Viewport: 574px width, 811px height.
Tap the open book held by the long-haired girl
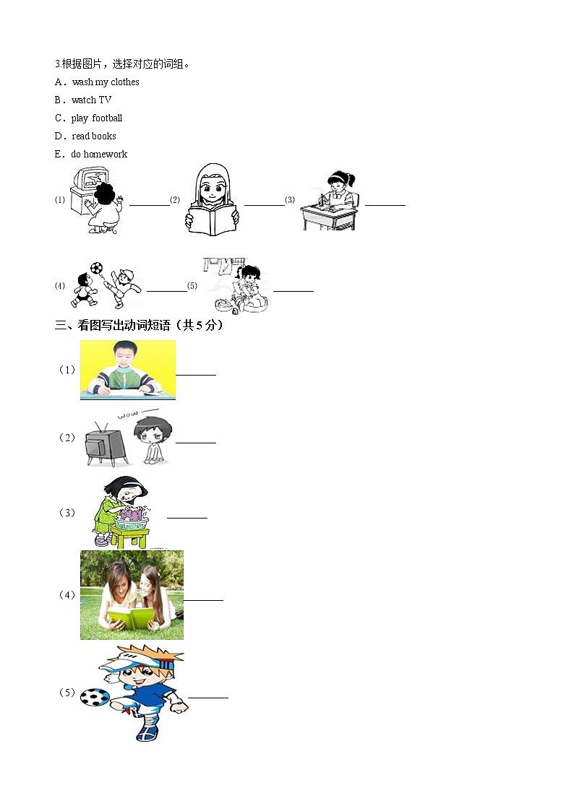pos(211,220)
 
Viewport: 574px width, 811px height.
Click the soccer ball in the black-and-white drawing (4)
pos(96,268)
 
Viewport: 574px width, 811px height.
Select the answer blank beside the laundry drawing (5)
pos(294,290)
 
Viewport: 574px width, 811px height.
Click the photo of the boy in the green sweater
pos(127,370)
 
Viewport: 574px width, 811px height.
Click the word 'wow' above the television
pos(127,417)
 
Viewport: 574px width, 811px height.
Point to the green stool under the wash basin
pos(129,537)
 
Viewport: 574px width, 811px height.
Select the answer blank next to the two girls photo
pos(204,599)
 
